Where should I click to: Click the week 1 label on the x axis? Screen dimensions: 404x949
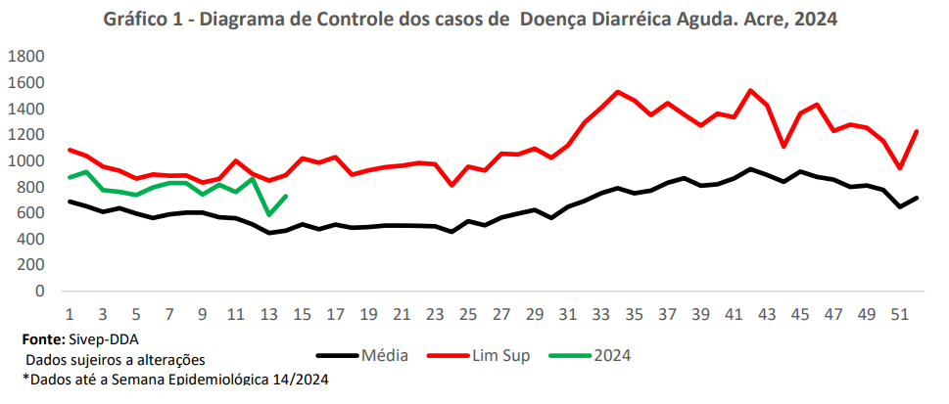click(x=71, y=315)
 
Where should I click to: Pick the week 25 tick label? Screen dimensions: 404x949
click(x=468, y=315)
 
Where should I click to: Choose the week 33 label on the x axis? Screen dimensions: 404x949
click(x=601, y=315)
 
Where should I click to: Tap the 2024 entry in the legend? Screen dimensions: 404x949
click(x=612, y=355)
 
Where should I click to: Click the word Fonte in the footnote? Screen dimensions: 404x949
click(x=43, y=339)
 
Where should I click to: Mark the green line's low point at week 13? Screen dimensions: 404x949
click(x=269, y=214)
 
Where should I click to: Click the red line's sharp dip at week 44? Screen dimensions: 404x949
click(x=783, y=146)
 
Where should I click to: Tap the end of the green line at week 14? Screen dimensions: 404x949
click(x=286, y=196)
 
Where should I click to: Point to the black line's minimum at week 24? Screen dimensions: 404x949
click(x=451, y=232)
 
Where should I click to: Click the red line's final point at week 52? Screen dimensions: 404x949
click(x=917, y=131)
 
